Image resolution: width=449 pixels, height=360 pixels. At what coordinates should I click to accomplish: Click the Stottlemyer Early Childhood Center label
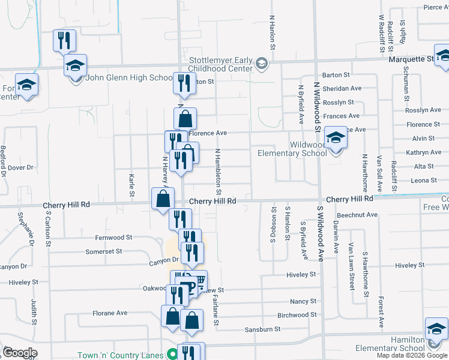click(x=221, y=64)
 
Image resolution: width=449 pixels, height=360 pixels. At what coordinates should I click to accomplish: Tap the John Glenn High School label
click(x=130, y=77)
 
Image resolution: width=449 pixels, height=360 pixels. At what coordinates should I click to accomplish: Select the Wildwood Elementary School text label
click(x=292, y=149)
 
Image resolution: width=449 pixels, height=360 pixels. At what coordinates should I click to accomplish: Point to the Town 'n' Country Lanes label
click(x=120, y=355)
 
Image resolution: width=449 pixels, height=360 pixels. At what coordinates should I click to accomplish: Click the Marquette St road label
click(x=411, y=59)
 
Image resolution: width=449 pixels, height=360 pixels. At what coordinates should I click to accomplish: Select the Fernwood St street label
click(x=112, y=238)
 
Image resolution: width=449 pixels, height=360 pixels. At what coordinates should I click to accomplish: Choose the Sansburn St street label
click(x=262, y=329)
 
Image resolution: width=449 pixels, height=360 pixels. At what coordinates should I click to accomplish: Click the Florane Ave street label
click(x=109, y=313)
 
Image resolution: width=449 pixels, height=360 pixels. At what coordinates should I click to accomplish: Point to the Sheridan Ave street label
click(x=340, y=88)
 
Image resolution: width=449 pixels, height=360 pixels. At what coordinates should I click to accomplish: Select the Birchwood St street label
click(x=297, y=314)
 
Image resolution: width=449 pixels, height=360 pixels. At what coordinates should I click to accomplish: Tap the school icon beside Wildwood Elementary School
click(x=336, y=139)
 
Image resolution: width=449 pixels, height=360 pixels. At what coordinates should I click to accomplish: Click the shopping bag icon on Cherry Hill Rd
click(x=163, y=199)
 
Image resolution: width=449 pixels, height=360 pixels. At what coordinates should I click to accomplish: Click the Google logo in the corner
click(x=20, y=353)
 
